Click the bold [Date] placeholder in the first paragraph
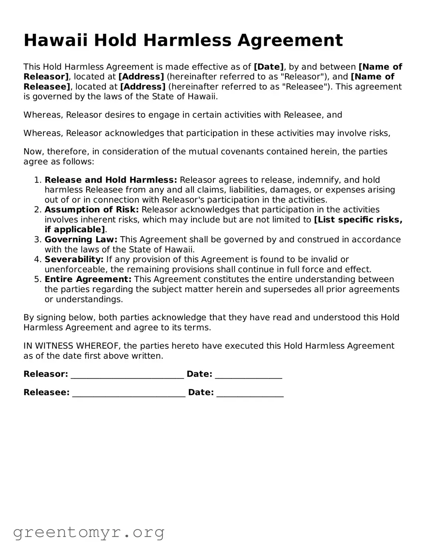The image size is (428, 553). point(268,67)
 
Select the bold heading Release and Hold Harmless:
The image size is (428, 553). point(111,180)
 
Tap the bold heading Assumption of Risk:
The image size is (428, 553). point(92,210)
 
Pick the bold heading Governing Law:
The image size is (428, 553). point(81,239)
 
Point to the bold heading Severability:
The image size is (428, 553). point(74,259)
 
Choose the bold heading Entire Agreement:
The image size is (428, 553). point(88,279)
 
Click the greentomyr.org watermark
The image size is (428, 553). point(89,532)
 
